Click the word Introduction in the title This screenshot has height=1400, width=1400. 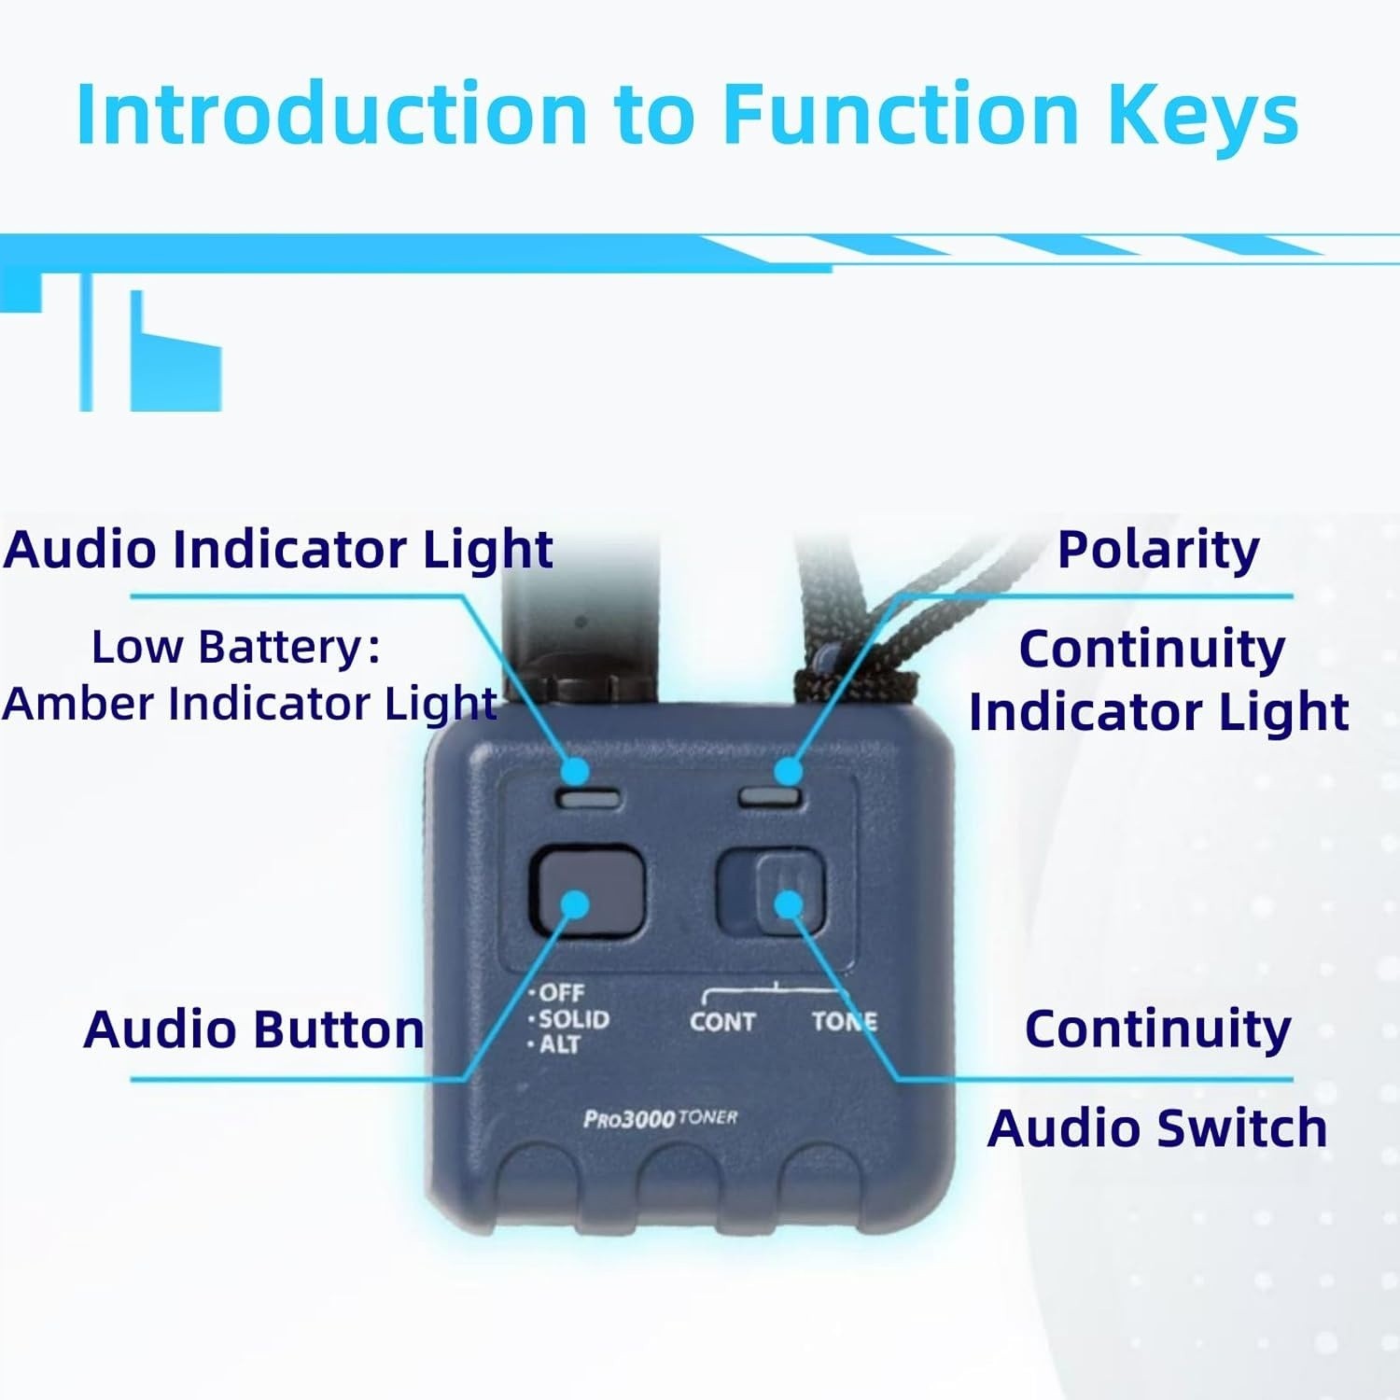(331, 113)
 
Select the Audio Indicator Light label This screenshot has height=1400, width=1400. (278, 549)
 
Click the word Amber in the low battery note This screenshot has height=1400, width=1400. (78, 703)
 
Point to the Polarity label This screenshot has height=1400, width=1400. (1158, 550)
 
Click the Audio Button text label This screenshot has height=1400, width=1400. (254, 1029)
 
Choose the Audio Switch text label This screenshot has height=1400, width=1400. (1157, 1127)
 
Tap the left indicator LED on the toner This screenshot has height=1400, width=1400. (588, 798)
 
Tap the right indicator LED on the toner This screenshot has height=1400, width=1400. (771, 797)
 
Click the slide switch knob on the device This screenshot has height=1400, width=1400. (790, 894)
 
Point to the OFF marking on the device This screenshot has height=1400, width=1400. (558, 993)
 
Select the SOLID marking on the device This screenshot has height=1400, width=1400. (570, 1018)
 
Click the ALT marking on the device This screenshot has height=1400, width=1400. (556, 1043)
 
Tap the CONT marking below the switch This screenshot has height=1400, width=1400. (722, 1022)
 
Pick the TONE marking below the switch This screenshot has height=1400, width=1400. (845, 1021)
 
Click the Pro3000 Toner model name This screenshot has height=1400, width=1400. (661, 1118)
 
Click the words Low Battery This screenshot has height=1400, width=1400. (236, 647)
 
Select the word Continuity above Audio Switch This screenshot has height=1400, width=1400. (1158, 1029)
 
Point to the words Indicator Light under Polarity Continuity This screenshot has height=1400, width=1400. (1159, 712)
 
